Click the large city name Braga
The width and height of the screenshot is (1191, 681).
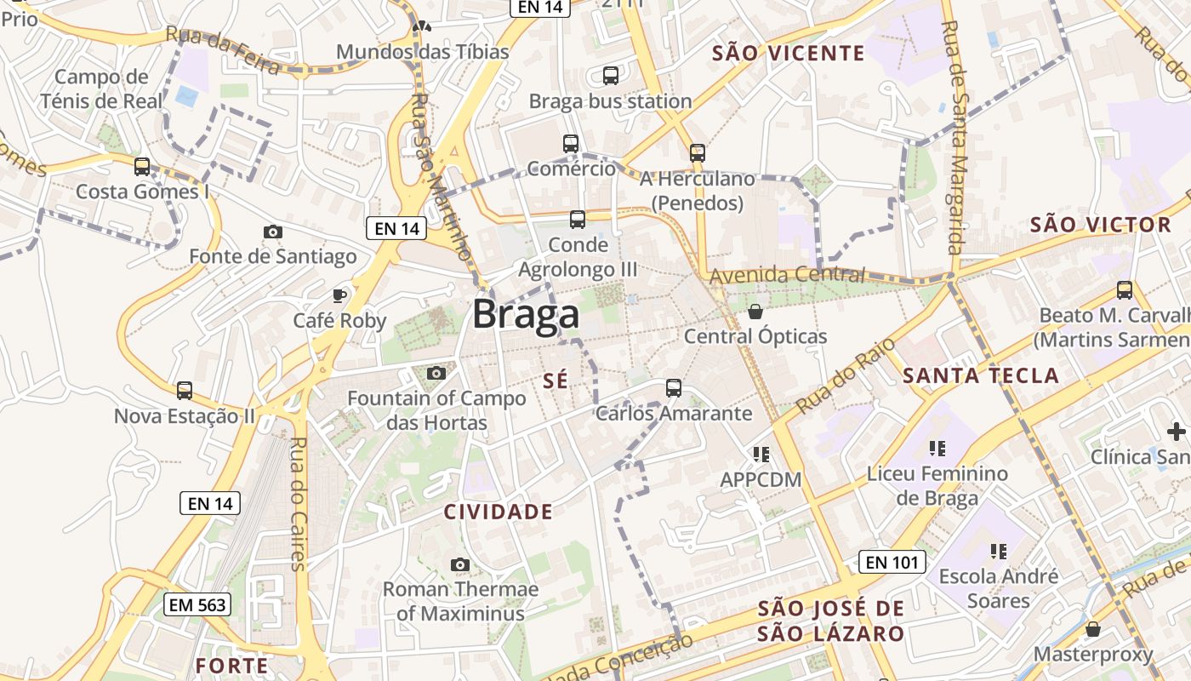coord(526,314)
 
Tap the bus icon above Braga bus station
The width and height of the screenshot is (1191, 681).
coord(611,76)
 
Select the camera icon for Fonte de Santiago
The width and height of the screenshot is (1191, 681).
coord(273,232)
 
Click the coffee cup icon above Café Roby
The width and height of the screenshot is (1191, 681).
coord(339,295)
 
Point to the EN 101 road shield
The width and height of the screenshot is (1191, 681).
coord(891,562)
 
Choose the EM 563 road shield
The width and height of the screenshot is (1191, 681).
coord(197,604)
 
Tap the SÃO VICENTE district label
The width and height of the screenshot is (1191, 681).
coord(788,54)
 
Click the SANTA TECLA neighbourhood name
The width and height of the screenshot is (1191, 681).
coord(981,375)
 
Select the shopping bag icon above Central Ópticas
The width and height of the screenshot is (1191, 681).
coord(755,312)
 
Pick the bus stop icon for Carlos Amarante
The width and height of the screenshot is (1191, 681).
coord(674,388)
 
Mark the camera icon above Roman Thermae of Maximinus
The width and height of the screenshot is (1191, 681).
coord(460,564)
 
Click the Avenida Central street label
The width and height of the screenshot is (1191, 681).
coord(787,275)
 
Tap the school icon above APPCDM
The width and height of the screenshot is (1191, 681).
coord(761,455)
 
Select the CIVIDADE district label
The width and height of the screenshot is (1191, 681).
coord(499,512)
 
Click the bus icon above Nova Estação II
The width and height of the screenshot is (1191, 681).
coord(185,391)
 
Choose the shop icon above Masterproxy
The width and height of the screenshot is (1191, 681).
coord(1093,629)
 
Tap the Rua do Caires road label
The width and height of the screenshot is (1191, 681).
coord(297,502)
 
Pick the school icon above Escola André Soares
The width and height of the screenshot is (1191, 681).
coord(998,552)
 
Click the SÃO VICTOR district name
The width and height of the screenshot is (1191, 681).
coord(1101,226)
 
